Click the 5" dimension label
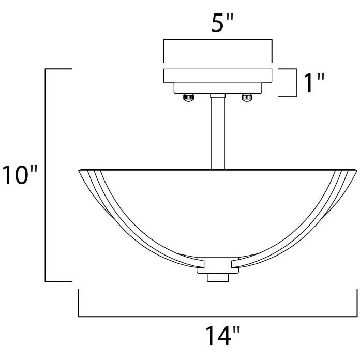[222, 23]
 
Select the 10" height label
[20, 174]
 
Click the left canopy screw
[188, 97]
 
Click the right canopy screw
[247, 97]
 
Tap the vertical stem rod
[218, 133]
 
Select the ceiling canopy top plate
[218, 76]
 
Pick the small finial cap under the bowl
[218, 277]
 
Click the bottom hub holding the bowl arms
[218, 265]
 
